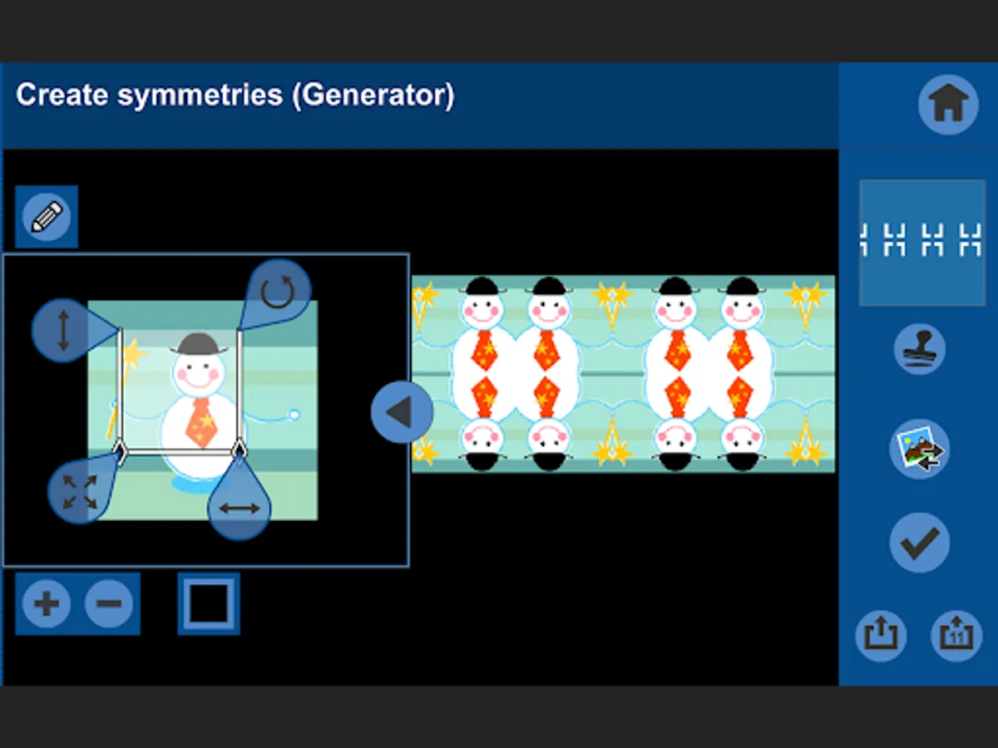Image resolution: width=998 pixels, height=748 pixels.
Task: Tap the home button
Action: (948, 105)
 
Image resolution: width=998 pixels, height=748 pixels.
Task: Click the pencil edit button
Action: (47, 217)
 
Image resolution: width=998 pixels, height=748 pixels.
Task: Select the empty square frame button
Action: (209, 603)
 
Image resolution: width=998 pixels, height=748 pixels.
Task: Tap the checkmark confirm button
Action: (919, 542)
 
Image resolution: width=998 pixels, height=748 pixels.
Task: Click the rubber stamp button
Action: (919, 349)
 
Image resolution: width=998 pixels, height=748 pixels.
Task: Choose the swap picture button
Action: (919, 449)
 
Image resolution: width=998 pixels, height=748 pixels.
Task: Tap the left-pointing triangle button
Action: (402, 411)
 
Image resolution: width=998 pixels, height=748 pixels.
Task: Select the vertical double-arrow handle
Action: (64, 330)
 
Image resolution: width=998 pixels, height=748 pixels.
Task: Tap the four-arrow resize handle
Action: (80, 491)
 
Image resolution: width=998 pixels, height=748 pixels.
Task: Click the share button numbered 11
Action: (956, 635)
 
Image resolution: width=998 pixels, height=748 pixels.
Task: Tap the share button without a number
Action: (881, 635)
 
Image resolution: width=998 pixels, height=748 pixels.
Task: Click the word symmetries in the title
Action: (200, 96)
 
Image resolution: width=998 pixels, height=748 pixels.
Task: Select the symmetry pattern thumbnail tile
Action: (922, 243)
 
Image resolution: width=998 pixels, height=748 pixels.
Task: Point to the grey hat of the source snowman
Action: (198, 344)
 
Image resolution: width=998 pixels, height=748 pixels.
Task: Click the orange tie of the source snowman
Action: (202, 422)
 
